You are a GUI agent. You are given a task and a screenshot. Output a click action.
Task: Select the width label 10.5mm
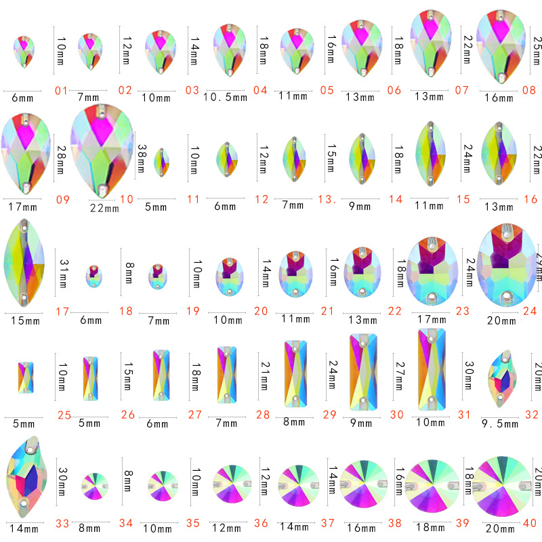click(226, 98)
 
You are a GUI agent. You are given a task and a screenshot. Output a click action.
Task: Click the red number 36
click(263, 522)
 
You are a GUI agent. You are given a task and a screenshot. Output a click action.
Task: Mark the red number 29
click(331, 415)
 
